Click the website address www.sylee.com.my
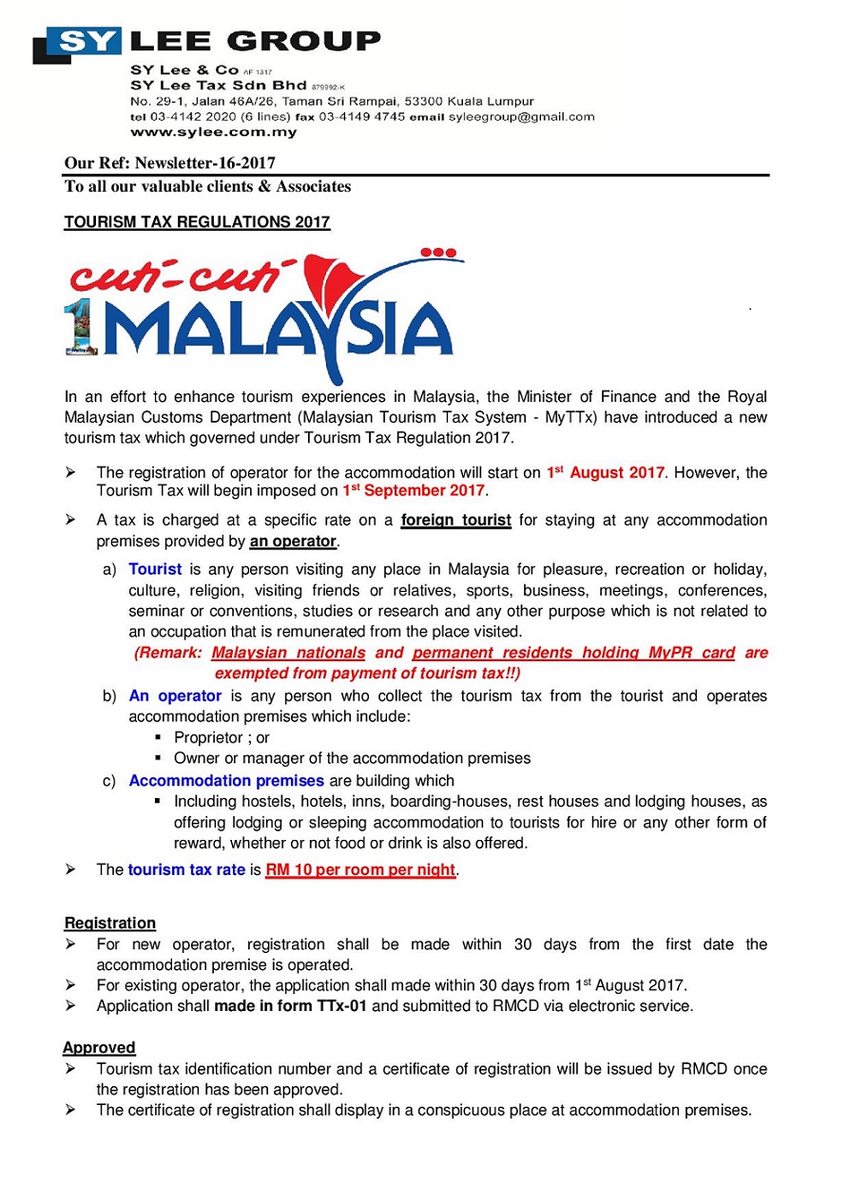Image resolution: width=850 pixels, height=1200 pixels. coord(214,132)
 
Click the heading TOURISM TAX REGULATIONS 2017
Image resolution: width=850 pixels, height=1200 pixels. coord(197,222)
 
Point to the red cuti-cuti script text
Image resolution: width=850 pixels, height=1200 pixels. coord(177,276)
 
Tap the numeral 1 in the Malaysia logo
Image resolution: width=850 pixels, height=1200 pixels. coord(79,329)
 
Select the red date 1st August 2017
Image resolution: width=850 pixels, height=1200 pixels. coord(605,472)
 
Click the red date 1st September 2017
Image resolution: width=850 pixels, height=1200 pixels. coord(414,491)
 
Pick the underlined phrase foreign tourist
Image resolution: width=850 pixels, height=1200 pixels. coord(456,521)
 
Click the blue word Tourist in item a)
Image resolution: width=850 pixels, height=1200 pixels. coord(155,570)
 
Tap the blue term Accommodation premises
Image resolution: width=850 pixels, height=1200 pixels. coord(226,781)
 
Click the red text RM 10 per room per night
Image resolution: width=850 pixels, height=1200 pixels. coord(360,870)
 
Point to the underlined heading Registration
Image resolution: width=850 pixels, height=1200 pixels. coord(110,924)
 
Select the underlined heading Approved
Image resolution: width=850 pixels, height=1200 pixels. coord(100,1048)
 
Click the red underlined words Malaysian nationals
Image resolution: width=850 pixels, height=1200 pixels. coord(288,654)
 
